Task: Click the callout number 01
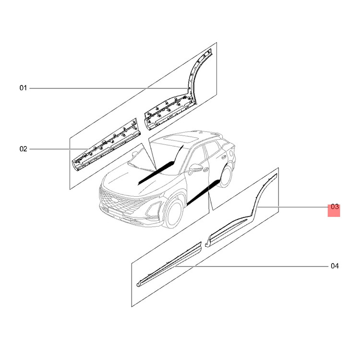(x=23, y=88)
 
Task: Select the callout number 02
(x=23, y=149)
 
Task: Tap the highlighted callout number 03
(x=335, y=207)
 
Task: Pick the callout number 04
(x=335, y=266)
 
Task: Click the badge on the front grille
(x=114, y=199)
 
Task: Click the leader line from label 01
(x=108, y=88)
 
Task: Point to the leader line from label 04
(x=252, y=266)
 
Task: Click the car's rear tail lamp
(x=231, y=153)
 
